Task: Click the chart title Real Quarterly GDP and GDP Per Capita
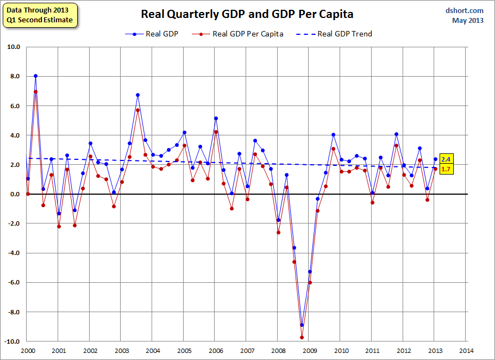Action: (247, 14)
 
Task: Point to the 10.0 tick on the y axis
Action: (12, 47)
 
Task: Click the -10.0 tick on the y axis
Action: (11, 342)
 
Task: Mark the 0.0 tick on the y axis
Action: (14, 194)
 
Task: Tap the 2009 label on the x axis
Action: (310, 351)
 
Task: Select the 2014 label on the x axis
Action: (466, 351)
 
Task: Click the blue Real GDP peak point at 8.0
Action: (35, 76)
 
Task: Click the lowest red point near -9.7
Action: (302, 337)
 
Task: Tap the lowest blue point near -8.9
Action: (302, 325)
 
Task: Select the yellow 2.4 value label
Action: (446, 159)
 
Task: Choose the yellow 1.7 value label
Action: (446, 170)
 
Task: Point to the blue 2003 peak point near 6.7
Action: (137, 95)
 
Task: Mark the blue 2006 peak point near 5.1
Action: (216, 119)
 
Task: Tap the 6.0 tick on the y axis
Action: (14, 105)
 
